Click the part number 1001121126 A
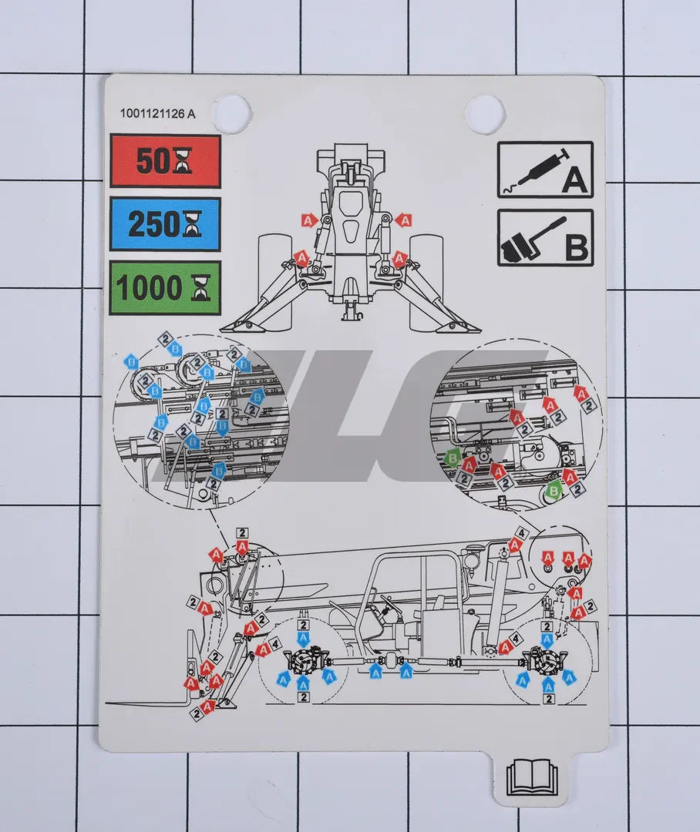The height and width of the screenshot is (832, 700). (157, 113)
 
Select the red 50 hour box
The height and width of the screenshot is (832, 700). (165, 161)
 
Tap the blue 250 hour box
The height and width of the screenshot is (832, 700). (165, 224)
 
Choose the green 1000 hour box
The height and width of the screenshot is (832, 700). (165, 287)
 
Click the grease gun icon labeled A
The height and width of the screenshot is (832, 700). (545, 169)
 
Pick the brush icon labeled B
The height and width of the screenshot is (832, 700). (545, 238)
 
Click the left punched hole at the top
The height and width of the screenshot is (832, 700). (231, 113)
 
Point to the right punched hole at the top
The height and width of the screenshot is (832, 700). (485, 113)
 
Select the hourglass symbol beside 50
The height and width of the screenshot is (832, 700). (182, 162)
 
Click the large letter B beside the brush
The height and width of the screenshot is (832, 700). (577, 248)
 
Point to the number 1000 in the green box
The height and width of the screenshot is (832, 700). (150, 288)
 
